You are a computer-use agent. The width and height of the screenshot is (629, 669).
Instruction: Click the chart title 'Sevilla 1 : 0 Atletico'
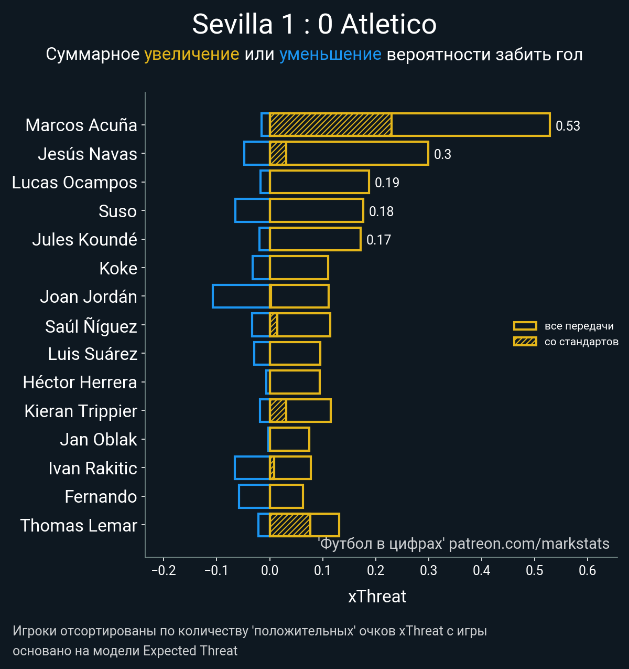(314, 24)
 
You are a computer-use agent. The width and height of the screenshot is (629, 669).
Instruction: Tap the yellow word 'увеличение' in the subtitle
(191, 54)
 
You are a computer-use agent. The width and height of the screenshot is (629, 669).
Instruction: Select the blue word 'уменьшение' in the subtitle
(330, 54)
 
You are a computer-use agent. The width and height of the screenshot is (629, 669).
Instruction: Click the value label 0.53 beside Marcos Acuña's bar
(568, 126)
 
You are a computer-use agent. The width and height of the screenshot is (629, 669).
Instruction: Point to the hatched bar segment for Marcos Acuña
(330, 125)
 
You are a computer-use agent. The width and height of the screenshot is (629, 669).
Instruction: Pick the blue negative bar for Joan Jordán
(241, 296)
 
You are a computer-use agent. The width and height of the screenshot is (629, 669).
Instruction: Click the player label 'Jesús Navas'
(87, 154)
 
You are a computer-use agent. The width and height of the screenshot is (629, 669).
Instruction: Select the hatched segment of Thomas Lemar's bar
(290, 525)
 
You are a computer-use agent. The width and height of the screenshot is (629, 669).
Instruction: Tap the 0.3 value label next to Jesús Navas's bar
(442, 154)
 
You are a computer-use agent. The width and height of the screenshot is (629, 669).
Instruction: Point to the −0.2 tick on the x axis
(164, 570)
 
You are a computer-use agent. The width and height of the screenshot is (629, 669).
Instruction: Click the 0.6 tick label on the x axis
(588, 570)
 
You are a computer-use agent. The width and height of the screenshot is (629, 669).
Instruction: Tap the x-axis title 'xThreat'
(377, 597)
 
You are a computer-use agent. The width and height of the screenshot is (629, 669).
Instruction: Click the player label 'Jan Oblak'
(99, 440)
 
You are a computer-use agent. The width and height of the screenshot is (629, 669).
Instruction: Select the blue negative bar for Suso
(252, 210)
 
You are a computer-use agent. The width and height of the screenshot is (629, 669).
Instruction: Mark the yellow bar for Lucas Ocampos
(319, 182)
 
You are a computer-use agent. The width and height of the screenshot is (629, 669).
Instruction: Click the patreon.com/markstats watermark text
(529, 544)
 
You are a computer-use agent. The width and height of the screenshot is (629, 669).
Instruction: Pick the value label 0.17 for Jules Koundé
(378, 240)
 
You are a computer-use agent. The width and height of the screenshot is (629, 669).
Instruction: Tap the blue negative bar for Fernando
(254, 496)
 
